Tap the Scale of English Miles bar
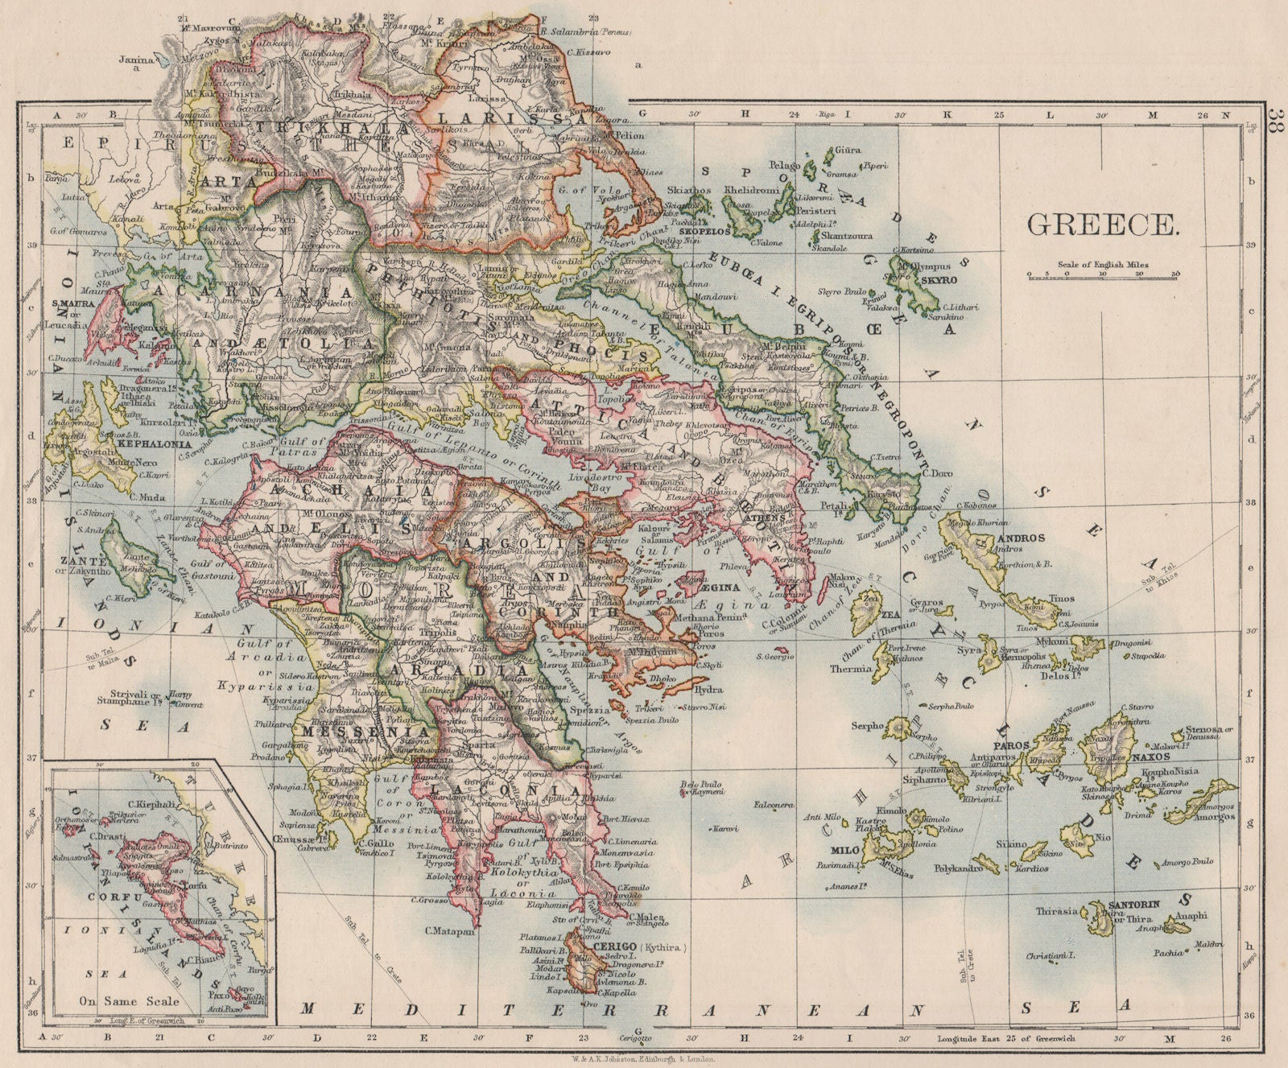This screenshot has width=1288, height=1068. (x=1103, y=274)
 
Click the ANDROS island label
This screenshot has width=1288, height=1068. (x=1021, y=538)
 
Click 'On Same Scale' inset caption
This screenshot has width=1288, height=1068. (x=128, y=1002)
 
